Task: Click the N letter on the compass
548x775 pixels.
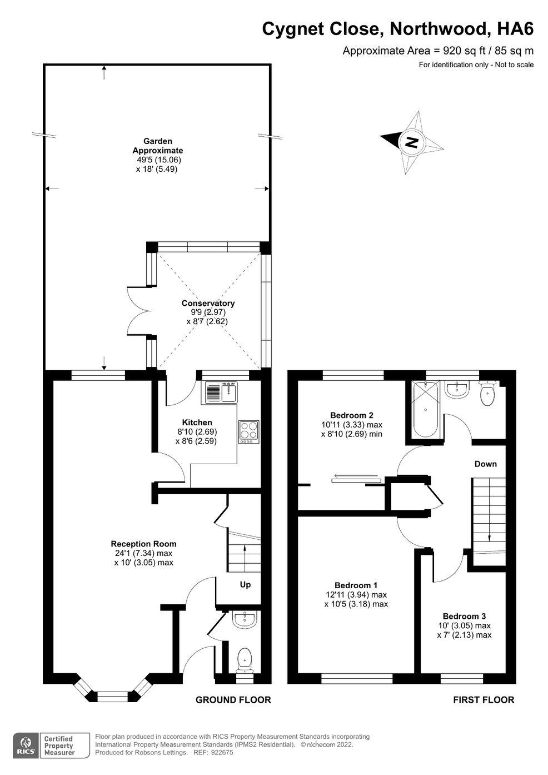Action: (411, 142)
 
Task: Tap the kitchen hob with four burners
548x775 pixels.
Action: (249, 432)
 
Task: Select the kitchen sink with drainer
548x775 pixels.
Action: (221, 393)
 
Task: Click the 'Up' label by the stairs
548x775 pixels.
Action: (245, 584)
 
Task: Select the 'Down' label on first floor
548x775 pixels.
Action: (485, 464)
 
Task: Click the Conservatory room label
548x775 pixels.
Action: (208, 303)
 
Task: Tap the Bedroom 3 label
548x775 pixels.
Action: (464, 616)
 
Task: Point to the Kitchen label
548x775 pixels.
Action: (197, 423)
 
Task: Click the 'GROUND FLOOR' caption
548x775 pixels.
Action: (233, 699)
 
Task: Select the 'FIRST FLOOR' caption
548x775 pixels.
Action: (484, 699)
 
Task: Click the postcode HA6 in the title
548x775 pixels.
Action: (515, 29)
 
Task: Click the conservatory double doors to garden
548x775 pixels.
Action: (139, 311)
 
